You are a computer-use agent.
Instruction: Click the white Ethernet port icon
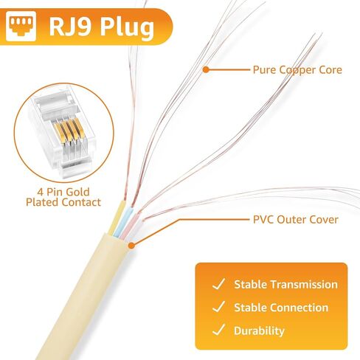tap(21, 26)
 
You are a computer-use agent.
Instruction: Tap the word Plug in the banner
tap(127, 28)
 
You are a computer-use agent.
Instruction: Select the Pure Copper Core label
tap(297, 70)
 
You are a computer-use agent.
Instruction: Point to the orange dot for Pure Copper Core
tap(206, 69)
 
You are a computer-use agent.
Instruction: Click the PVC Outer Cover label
tap(296, 220)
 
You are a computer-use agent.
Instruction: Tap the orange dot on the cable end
tap(132, 245)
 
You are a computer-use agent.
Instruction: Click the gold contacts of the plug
tap(69, 131)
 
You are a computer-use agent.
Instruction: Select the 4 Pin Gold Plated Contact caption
tap(63, 197)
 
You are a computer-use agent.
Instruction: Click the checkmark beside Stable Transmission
tap(218, 284)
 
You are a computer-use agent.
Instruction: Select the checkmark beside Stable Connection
tap(218, 307)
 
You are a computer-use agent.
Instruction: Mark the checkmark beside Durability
tap(218, 330)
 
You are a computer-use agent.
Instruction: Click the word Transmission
tap(305, 285)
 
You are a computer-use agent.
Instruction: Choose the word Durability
tap(259, 331)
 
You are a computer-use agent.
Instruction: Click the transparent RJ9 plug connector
tap(63, 131)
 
